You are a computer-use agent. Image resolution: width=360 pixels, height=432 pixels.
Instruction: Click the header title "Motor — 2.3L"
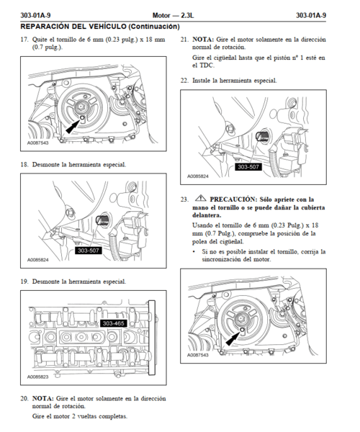tap(173, 15)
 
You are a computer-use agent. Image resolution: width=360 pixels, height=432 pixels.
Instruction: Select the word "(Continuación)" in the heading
tap(154, 27)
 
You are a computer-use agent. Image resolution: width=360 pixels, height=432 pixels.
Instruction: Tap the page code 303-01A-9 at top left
tap(35, 15)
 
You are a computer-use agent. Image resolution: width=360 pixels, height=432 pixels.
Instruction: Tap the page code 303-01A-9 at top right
tap(311, 15)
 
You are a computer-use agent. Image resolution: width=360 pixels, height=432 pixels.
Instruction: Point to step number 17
tap(24, 40)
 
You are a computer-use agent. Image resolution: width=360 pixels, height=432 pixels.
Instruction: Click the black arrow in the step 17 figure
tap(73, 127)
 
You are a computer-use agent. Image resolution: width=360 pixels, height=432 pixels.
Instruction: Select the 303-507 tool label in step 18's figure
tap(88, 251)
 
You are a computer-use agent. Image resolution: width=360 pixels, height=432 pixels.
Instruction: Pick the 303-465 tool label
tap(114, 323)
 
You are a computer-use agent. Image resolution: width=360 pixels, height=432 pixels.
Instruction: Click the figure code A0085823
tap(37, 377)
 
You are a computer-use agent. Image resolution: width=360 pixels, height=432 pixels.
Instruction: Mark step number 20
tap(24, 398)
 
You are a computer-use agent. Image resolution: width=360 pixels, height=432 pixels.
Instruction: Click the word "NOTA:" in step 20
tap(42, 398)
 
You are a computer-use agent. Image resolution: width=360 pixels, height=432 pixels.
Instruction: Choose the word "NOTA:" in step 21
tap(203, 40)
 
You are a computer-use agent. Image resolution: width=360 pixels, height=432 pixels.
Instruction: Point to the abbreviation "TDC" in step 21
tap(207, 66)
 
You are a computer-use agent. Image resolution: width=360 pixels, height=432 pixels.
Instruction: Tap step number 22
tap(184, 81)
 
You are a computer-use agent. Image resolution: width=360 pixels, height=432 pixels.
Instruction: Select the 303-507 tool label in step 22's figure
tap(248, 167)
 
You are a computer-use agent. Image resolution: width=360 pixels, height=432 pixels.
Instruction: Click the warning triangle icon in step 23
tap(201, 198)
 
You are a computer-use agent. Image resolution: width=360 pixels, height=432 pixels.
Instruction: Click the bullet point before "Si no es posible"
tap(194, 251)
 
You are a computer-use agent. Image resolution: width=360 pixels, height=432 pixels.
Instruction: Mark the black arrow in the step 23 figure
tap(233, 338)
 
